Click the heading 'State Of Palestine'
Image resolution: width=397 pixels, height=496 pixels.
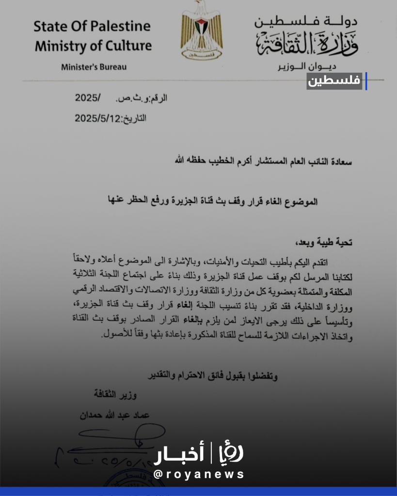pos(92,26)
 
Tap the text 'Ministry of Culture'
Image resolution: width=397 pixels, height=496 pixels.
pos(93,46)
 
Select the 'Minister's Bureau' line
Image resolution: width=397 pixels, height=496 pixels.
pos(94,67)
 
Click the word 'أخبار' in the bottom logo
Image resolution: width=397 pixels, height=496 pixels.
pos(179,455)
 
